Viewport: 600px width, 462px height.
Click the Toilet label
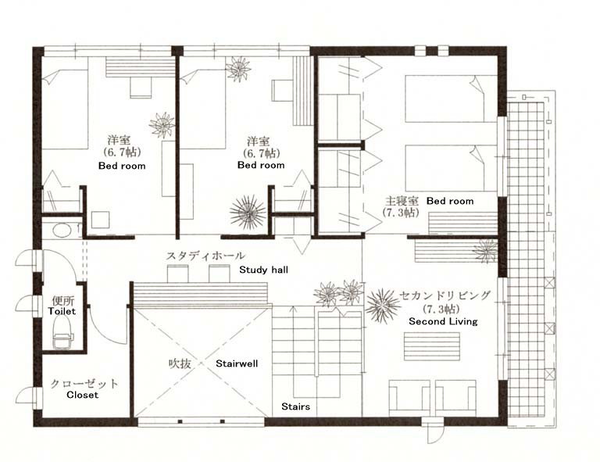tap(62, 311)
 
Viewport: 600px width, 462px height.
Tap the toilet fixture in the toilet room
tap(62, 333)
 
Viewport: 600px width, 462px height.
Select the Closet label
tap(82, 395)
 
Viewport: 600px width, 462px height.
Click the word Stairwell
tap(237, 364)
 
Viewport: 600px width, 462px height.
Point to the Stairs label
tap(295, 406)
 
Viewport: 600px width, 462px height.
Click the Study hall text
tap(263, 270)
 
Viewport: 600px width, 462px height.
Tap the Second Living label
tap(443, 321)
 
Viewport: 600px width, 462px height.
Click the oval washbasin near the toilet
tap(62, 230)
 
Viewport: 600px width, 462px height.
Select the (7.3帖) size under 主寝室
tap(401, 213)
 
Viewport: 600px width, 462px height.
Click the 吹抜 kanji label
tap(180, 364)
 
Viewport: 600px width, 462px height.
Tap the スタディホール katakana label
tap(205, 256)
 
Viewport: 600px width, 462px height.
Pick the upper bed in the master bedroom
tap(452, 98)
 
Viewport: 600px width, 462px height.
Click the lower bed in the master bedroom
tap(452, 168)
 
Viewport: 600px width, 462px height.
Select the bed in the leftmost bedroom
tap(65, 109)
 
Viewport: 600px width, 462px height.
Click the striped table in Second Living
tap(432, 346)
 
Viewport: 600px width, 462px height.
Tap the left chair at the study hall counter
tap(178, 274)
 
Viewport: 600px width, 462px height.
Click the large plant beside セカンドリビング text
tap(383, 305)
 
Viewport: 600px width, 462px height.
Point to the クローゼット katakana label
tap(84, 384)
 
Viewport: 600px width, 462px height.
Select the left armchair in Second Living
tap(409, 397)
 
